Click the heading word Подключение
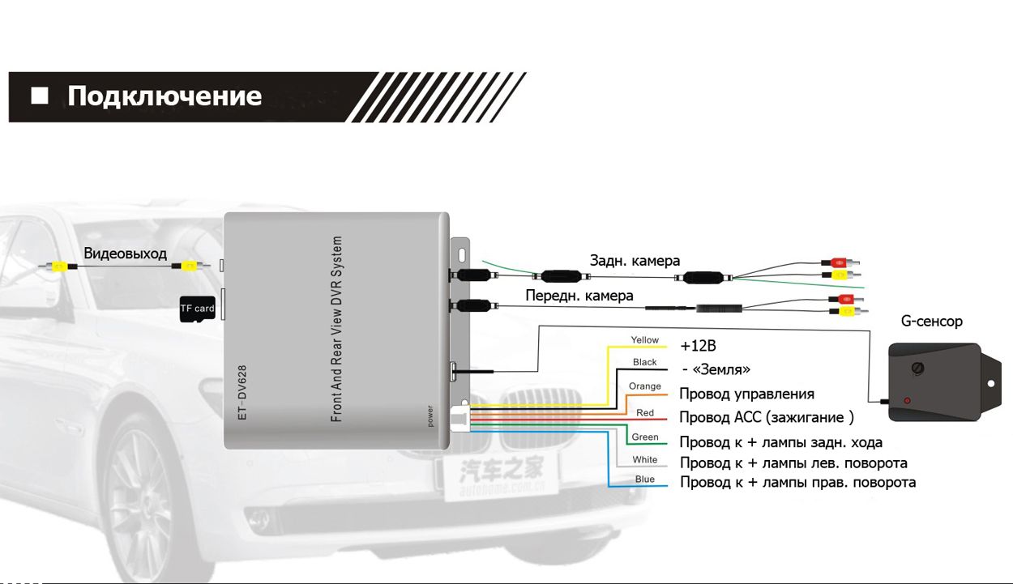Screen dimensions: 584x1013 click(165, 96)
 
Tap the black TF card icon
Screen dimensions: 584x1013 click(197, 309)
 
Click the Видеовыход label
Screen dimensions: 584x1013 click(125, 254)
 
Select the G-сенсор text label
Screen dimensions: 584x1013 click(932, 322)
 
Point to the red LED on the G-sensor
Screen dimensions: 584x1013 click(907, 401)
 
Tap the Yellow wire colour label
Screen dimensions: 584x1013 click(645, 340)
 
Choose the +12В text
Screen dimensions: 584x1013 click(699, 346)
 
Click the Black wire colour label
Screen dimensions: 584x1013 click(645, 363)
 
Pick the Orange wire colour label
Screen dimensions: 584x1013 click(645, 386)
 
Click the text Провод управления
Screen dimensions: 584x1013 click(746, 394)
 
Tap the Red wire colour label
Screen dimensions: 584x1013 click(645, 413)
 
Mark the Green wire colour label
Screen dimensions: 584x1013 click(645, 437)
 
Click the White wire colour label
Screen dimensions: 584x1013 click(645, 460)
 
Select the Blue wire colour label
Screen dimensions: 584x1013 click(645, 480)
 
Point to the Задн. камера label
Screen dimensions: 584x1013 click(635, 261)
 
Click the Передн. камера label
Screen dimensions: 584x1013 click(579, 296)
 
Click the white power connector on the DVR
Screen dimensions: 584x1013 click(459, 417)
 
